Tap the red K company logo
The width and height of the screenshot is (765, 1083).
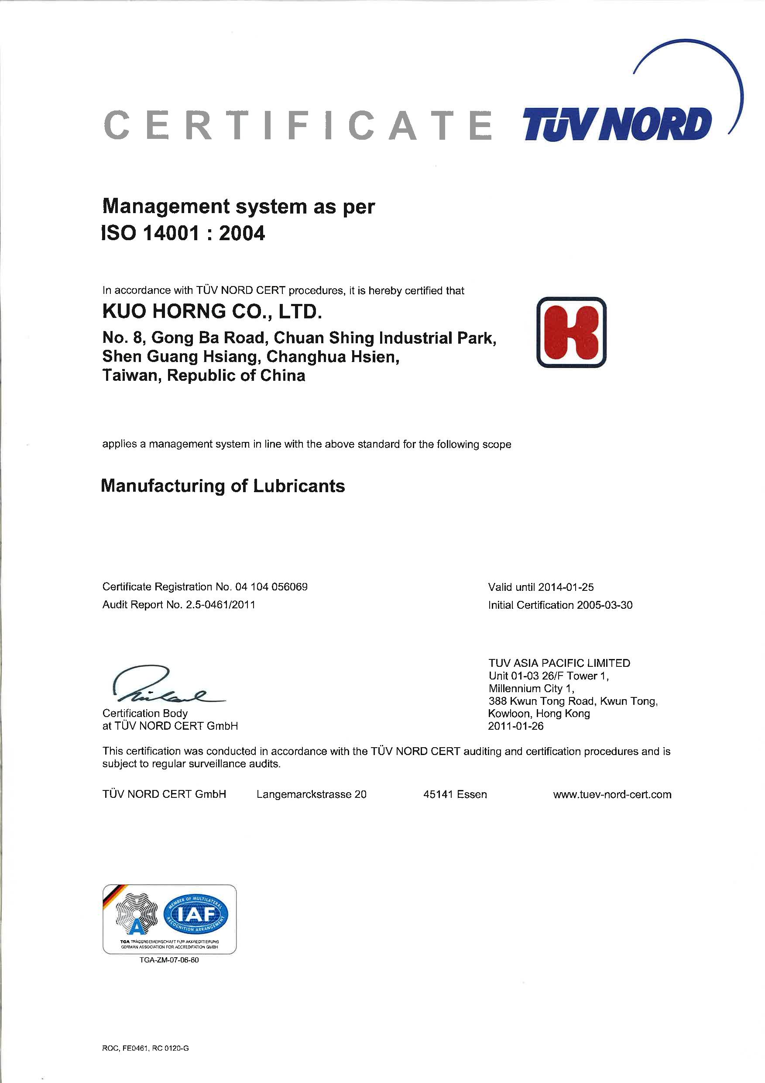(571, 332)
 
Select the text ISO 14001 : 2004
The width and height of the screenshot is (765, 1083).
(183, 233)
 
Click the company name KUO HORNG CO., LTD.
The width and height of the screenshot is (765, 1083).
(212, 312)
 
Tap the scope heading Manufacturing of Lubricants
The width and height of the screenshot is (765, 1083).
(223, 486)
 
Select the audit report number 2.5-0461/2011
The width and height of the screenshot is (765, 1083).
(220, 605)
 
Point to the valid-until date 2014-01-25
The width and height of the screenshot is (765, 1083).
(566, 587)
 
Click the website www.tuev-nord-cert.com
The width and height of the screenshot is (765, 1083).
(612, 794)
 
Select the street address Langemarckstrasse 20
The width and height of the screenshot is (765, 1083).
(311, 794)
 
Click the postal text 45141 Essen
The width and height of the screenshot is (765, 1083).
(455, 794)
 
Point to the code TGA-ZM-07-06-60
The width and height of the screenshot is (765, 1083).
(169, 960)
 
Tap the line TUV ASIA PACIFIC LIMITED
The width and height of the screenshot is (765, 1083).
(559, 663)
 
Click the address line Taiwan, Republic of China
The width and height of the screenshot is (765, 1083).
(204, 376)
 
